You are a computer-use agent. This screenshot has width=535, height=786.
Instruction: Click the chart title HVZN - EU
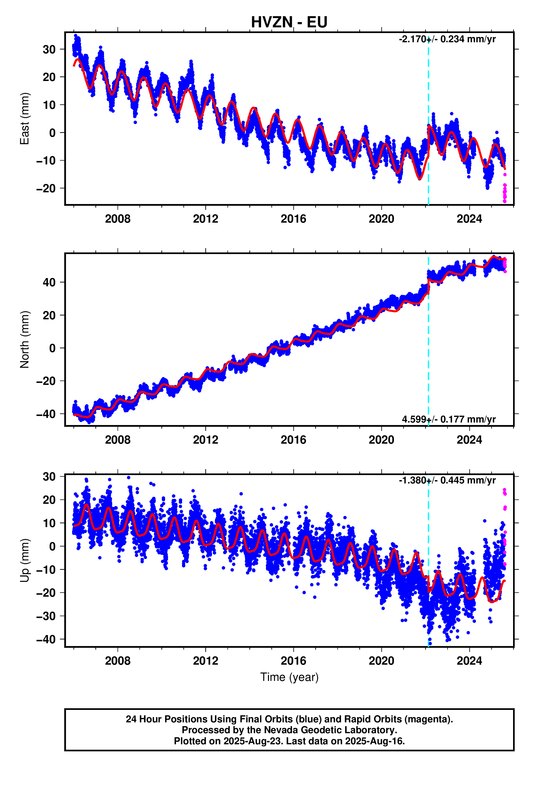[x=289, y=22]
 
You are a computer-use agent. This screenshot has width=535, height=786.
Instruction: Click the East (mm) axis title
[x=24, y=118]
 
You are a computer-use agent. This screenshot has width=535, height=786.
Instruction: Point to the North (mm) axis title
[x=24, y=339]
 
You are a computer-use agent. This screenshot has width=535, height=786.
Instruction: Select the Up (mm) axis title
[x=24, y=560]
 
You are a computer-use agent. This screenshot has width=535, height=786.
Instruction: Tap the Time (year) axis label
[x=289, y=677]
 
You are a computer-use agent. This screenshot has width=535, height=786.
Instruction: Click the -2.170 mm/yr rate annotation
[x=447, y=39]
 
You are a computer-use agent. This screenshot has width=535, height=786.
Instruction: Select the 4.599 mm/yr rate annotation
[x=449, y=419]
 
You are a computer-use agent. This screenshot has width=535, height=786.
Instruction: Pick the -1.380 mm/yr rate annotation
[x=447, y=480]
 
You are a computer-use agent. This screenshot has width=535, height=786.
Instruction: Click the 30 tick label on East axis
[x=49, y=49]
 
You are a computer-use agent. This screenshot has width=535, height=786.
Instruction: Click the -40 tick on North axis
[x=46, y=414]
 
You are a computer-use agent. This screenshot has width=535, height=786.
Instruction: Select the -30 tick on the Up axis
[x=46, y=616]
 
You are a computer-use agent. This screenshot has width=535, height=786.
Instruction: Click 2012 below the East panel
[x=205, y=219]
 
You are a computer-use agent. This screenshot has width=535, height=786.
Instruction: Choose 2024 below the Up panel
[x=469, y=661]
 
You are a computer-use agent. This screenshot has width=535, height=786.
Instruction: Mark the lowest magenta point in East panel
[x=505, y=201]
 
